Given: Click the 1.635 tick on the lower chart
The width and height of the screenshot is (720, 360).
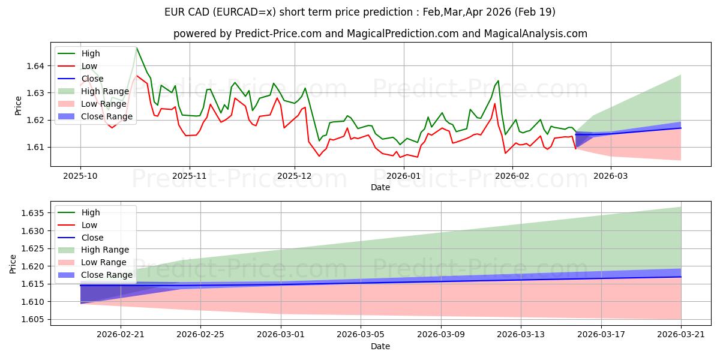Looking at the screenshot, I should [35, 213].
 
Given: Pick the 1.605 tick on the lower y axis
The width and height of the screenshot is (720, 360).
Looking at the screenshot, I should [35, 319].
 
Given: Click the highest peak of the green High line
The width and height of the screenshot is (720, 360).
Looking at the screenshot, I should [137, 47].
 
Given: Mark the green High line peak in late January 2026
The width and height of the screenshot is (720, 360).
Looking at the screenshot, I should [498, 80].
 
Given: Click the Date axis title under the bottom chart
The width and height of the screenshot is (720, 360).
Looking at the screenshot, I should [380, 346].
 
